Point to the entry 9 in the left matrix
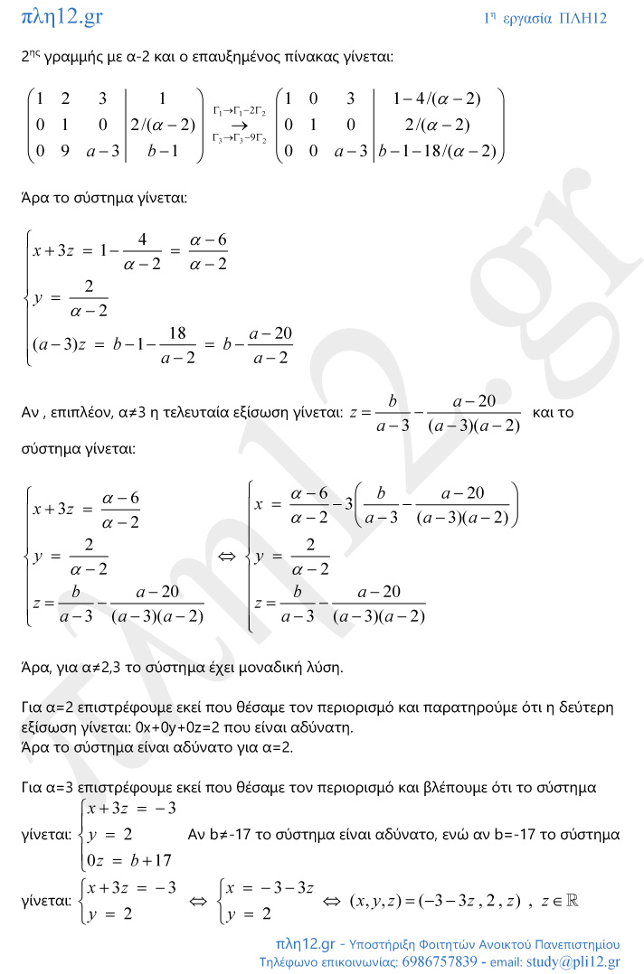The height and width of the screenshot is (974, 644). [64, 151]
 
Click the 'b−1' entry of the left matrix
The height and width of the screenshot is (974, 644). [160, 151]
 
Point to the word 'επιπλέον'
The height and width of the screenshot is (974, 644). [80, 412]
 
